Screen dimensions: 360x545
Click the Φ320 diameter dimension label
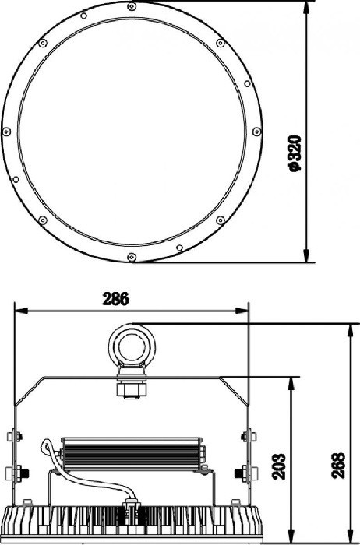295,153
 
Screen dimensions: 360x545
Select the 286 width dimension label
115,299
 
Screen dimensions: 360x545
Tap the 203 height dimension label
279,466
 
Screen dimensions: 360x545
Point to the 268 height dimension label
338,466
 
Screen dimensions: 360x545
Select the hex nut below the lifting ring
132,390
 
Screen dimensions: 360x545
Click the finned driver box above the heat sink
132,454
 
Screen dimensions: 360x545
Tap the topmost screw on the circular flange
132,6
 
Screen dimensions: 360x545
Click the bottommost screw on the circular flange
132,257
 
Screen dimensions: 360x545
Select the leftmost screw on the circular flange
6,132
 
